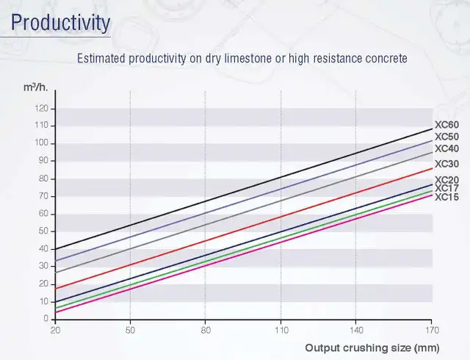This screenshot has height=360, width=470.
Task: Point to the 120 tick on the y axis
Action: [x=42, y=109]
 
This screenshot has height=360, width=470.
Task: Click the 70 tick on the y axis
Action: [x=43, y=196]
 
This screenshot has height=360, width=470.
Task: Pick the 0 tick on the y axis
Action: [x=46, y=319]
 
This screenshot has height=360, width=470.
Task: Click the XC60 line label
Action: [x=446, y=125]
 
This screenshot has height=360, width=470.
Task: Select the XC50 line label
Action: [x=446, y=137]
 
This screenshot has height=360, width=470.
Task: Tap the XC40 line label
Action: [x=446, y=148]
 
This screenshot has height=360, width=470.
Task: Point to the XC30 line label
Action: [x=446, y=164]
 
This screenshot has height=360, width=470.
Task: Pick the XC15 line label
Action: [x=446, y=197]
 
